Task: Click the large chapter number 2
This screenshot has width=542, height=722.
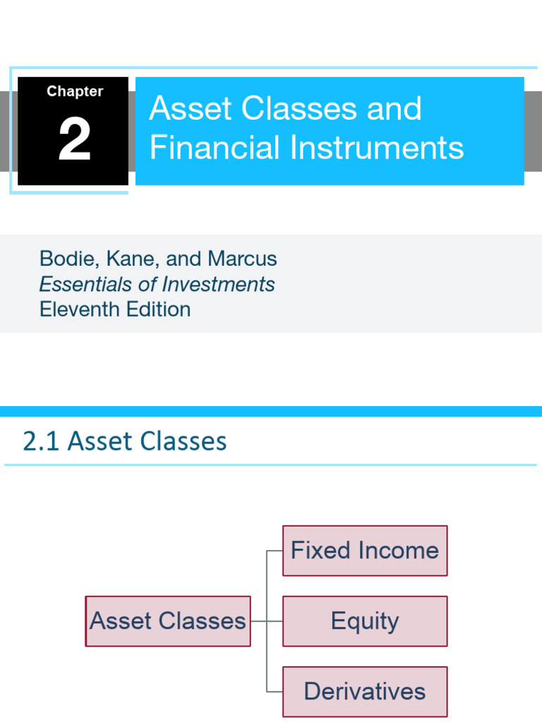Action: [74, 140]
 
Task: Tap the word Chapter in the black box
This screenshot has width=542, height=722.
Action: [75, 92]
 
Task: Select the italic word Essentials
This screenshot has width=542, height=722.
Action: [86, 284]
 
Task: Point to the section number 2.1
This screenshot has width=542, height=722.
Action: [42, 441]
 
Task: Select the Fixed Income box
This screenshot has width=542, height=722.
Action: [365, 551]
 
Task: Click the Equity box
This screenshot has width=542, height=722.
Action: [365, 621]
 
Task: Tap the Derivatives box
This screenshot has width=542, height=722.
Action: [365, 692]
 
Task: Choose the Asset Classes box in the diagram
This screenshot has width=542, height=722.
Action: [168, 621]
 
